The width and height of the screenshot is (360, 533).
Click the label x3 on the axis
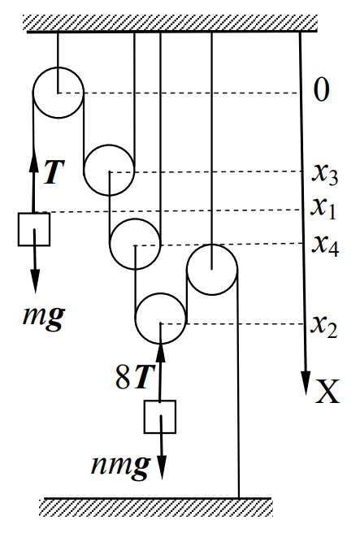pyautogui.click(x=325, y=175)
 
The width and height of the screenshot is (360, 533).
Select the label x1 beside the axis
pyautogui.click(x=323, y=208)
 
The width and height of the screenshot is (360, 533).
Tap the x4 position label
pyautogui.click(x=325, y=245)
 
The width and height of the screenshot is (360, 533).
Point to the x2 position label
pyautogui.click(x=324, y=327)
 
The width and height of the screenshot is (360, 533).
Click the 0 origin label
pyautogui.click(x=321, y=89)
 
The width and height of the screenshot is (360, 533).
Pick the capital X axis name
pyautogui.click(x=327, y=392)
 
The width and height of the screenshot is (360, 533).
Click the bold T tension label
pyautogui.click(x=54, y=171)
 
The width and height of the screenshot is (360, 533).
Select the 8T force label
pyautogui.click(x=132, y=378)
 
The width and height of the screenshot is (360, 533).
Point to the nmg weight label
pyautogui.click(x=120, y=466)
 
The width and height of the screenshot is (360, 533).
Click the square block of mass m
pyautogui.click(x=34, y=229)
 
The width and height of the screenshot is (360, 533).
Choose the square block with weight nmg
pyautogui.click(x=160, y=417)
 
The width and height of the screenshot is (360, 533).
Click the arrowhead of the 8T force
pyautogui.click(x=160, y=351)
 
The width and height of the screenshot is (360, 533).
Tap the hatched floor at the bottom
pyautogui.click(x=156, y=508)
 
